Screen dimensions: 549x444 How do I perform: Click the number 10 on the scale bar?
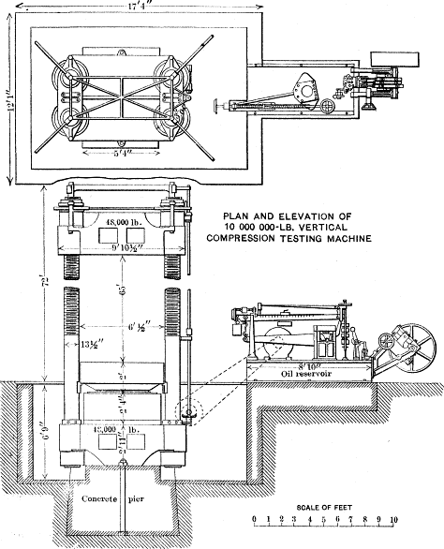(x=395, y=527)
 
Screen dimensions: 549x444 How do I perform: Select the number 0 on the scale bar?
(x=255, y=527)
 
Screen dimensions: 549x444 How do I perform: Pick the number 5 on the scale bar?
(x=323, y=527)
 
